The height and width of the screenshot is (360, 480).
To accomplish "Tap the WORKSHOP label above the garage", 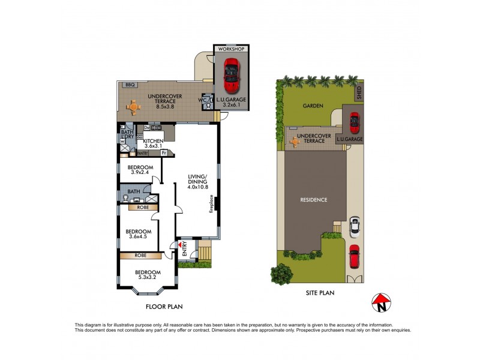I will (231, 49).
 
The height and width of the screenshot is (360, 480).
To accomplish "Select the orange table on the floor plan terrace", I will (133, 108).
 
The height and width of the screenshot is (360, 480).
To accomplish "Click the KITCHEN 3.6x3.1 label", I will (154, 143).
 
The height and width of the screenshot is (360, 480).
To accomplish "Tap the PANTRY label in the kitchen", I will (142, 154).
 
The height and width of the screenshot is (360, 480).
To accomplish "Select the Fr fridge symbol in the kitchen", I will (163, 153).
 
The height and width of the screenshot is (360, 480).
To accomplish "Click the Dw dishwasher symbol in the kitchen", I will (146, 127).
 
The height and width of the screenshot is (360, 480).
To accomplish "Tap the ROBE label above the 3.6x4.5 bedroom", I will (143, 207).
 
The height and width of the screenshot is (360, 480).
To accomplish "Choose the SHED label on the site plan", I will (359, 92).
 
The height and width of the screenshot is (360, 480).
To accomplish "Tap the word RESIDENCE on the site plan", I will (314, 200).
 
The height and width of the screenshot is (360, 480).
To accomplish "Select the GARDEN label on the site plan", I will (313, 106).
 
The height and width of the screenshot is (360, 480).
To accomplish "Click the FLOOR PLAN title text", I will (164, 306).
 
